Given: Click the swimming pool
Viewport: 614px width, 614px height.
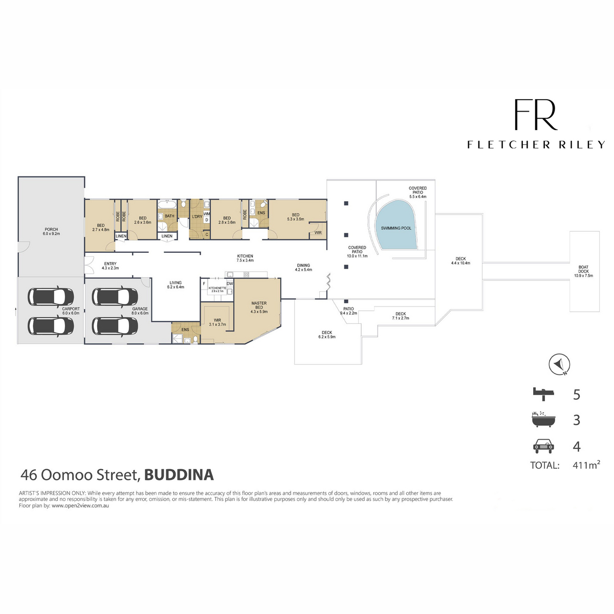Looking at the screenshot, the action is pyautogui.click(x=397, y=225).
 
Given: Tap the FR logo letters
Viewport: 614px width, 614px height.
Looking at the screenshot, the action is pyautogui.click(x=535, y=114).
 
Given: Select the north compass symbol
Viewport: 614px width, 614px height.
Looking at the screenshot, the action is pyautogui.click(x=559, y=364).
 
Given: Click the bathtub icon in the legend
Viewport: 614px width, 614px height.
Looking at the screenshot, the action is pyautogui.click(x=543, y=420).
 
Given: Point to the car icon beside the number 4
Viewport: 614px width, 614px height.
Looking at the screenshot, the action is pyautogui.click(x=543, y=446).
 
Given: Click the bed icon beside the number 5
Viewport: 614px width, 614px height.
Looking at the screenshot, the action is pyautogui.click(x=543, y=394).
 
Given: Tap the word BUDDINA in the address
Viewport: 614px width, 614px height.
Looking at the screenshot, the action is pyautogui.click(x=179, y=475).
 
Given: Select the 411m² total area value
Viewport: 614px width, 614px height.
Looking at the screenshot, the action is pyautogui.click(x=586, y=465).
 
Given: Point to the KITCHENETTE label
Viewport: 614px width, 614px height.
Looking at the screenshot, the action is pyautogui.click(x=217, y=288).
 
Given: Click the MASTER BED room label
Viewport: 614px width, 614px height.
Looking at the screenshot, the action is pyautogui.click(x=259, y=305).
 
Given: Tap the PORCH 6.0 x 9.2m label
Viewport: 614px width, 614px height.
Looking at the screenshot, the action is pyautogui.click(x=51, y=231).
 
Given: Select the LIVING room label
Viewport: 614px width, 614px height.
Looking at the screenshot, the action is pyautogui.click(x=176, y=282).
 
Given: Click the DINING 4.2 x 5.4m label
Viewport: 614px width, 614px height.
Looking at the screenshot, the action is pyautogui.click(x=303, y=267).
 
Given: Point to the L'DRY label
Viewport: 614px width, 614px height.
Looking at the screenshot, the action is pyautogui.click(x=197, y=216).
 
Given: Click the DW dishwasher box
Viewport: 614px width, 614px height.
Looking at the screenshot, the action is pyautogui.click(x=230, y=283).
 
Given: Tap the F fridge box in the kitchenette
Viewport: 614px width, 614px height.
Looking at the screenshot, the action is pyautogui.click(x=204, y=283).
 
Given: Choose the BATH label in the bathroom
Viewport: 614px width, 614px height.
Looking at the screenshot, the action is pyautogui.click(x=169, y=216).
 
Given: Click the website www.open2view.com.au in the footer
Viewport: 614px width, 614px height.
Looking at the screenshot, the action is pyautogui.click(x=80, y=506).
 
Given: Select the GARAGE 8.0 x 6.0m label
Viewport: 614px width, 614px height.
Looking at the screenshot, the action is pyautogui.click(x=140, y=311).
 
